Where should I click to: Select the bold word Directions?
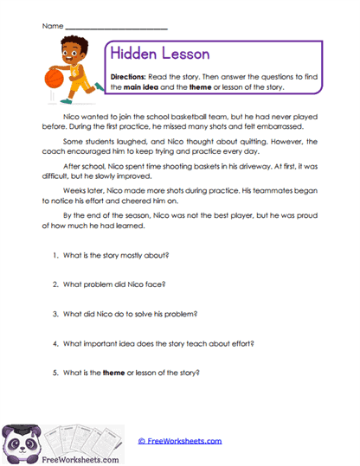coord(128,76)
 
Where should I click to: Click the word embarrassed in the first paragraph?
coord(277,124)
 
